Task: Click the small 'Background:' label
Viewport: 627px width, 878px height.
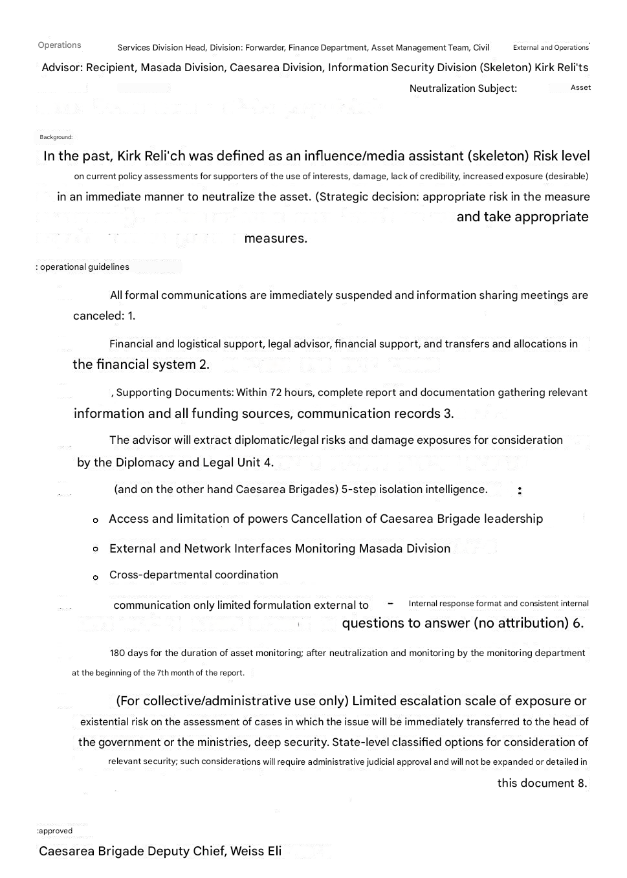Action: [56, 137]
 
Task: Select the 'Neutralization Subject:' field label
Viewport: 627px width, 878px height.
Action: [463, 89]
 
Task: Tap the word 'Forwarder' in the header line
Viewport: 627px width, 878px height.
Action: [265, 48]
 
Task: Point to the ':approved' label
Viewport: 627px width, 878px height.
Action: [54, 831]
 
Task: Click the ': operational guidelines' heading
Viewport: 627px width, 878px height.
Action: [82, 267]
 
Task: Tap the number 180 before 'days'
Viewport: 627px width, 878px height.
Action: [117, 653]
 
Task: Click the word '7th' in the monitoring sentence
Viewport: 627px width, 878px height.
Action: [164, 673]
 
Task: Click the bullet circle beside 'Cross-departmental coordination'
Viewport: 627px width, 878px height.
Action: [96, 577]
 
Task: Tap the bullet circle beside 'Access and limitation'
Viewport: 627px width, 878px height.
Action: [96, 520]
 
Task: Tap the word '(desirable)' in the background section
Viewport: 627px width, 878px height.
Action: [567, 177]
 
